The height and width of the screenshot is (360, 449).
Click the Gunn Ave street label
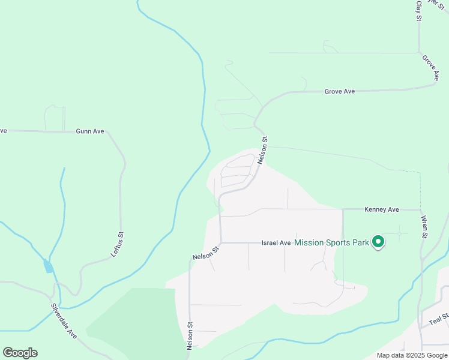tap(90, 131)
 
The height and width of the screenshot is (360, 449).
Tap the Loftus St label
tap(117, 244)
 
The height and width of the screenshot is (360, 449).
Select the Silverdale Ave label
tap(64, 324)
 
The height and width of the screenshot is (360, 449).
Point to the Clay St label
tap(419, 10)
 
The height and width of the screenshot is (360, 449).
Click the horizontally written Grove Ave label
tap(340, 91)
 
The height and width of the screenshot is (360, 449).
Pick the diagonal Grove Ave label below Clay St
tap(430, 68)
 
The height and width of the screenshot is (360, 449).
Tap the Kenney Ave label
tap(382, 209)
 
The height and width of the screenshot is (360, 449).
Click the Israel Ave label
tap(276, 243)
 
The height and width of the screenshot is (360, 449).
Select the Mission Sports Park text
tap(331, 243)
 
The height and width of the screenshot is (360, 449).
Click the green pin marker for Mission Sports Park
tap(378, 242)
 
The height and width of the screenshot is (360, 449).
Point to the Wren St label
tap(423, 227)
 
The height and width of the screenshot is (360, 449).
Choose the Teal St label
tap(439, 319)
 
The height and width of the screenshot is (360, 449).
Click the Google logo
tap(20, 353)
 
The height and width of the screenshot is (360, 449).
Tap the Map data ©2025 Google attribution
tap(412, 355)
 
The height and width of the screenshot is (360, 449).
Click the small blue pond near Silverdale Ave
tap(48, 266)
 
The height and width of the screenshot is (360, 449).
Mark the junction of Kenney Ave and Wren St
tap(420, 210)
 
